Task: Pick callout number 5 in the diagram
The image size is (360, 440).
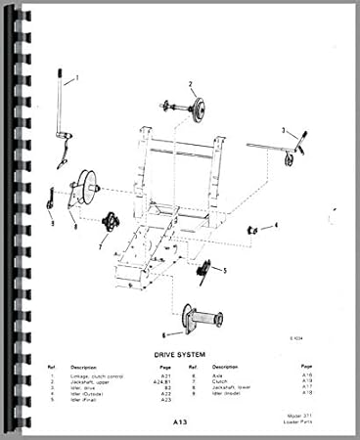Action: [224, 269]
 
